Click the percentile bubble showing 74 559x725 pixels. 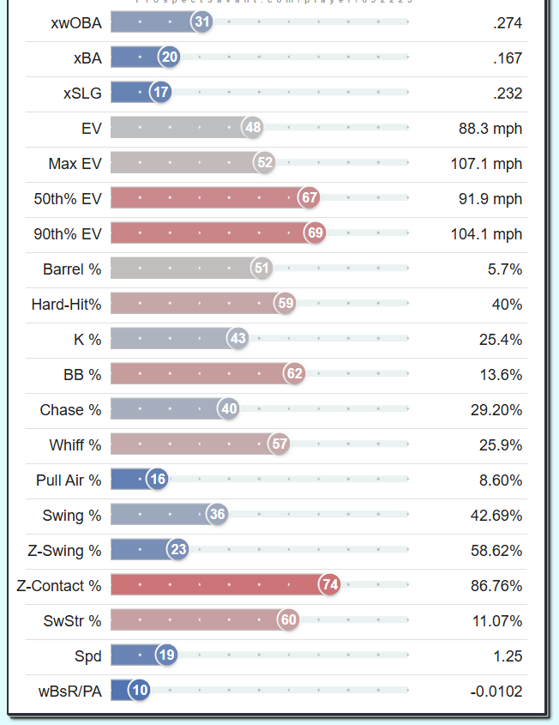(329, 585)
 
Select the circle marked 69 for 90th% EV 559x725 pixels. (315, 233)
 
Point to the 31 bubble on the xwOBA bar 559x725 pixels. (201, 22)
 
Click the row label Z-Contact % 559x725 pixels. (59, 585)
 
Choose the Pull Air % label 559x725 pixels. (69, 480)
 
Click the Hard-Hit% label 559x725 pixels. (66, 304)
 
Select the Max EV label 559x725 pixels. (75, 163)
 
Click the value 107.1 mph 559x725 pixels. (486, 163)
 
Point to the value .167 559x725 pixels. (508, 57)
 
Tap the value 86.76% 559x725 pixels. (496, 585)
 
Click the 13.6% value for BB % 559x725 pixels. (501, 374)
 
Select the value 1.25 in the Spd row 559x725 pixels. (507, 656)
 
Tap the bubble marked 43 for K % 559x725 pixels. (237, 339)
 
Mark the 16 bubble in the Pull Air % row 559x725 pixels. (157, 480)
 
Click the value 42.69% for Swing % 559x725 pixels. (496, 515)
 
